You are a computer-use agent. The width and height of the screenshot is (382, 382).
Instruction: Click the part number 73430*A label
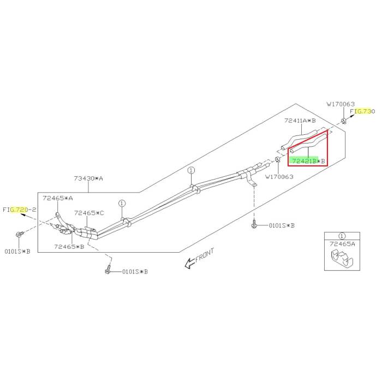tap(88, 178)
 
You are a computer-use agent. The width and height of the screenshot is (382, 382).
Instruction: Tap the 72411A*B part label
tap(300, 121)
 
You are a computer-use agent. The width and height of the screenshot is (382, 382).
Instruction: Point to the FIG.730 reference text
tap(362, 111)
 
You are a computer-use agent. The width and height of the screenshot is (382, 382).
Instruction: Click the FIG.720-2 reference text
tap(20, 210)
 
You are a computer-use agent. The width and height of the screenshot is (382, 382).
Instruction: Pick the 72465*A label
tap(58, 198)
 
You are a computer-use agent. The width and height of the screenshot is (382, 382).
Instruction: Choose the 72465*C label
tap(89, 213)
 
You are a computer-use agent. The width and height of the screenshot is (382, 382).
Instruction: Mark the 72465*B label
tap(69, 247)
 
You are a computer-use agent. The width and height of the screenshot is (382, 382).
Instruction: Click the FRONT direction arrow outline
tap(190, 264)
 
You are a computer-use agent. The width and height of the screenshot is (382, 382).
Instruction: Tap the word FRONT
tap(205, 255)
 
